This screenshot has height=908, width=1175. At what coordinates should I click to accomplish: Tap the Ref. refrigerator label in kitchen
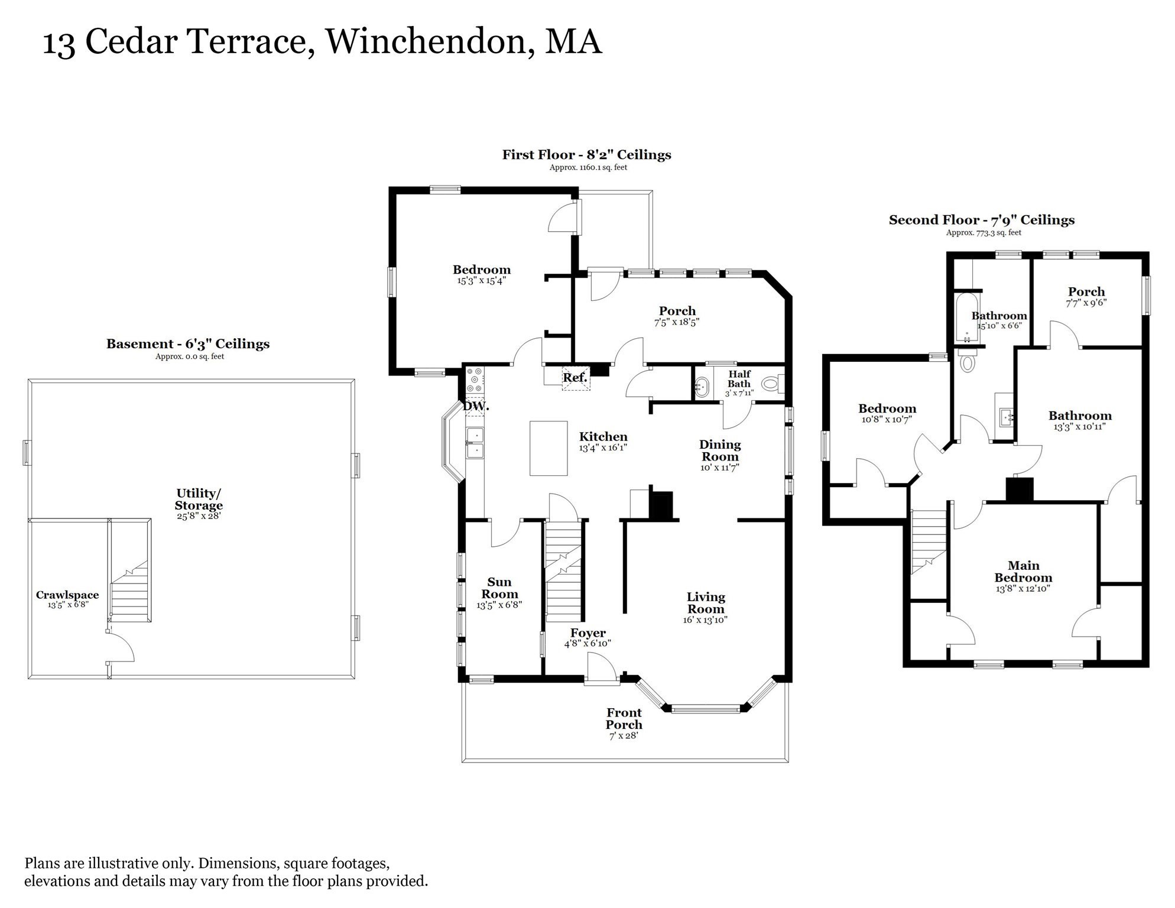coord(574,377)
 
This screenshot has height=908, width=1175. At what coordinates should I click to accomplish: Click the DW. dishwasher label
coord(475,407)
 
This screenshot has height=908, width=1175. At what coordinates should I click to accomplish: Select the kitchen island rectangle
coord(548,448)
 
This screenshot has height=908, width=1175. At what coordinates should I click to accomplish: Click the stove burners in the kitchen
coord(475,380)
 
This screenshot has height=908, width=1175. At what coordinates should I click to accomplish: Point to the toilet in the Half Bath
coord(771,384)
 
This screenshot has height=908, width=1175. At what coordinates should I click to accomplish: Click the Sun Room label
coord(499,588)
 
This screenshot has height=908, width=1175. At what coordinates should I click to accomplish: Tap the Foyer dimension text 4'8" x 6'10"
coord(587,643)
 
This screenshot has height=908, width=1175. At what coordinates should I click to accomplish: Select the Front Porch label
coord(624,719)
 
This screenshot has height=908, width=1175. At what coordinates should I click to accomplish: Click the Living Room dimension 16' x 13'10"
coord(705,620)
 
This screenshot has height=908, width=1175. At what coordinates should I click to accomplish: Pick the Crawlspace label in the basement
coord(67,595)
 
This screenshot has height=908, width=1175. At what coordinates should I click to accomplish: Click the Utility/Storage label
coord(199,499)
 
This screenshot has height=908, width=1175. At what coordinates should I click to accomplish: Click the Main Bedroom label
coord(1023,572)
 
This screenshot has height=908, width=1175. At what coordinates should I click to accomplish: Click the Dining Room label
coord(720,450)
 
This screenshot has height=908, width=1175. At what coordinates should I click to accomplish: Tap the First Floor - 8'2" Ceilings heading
coord(586,155)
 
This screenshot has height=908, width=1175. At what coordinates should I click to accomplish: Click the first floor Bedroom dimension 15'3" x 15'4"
coord(481,281)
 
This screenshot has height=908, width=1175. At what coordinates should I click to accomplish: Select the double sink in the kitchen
coord(475,443)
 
